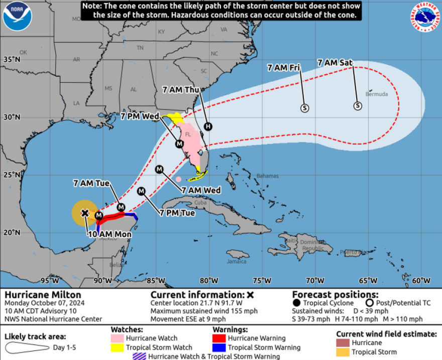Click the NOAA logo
coord(17,16)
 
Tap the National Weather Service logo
coord(425,17)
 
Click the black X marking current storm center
coord(85,213)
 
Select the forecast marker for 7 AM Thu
coord(208,126)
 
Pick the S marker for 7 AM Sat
coord(357,105)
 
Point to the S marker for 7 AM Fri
coord(304,107)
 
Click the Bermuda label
coord(377,94)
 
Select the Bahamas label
coord(267,176)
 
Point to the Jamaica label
coord(237,261)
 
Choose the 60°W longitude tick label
coord(420,280)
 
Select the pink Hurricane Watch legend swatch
coord(118,338)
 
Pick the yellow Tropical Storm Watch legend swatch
coord(118,347)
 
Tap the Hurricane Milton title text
coord(35,295)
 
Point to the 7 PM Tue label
coord(178,212)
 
